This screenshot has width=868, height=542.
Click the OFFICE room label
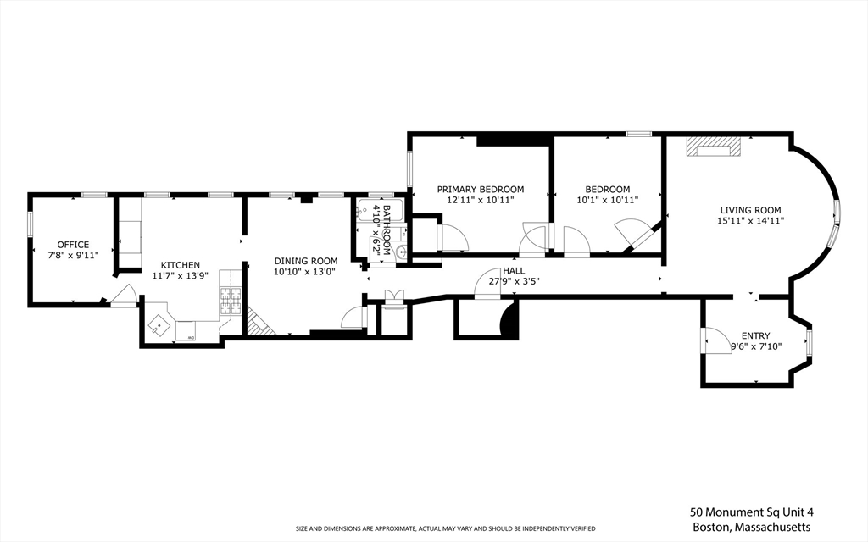tap(73, 245)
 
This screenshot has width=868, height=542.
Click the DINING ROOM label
tap(305, 261)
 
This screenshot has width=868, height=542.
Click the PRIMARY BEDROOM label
tap(480, 189)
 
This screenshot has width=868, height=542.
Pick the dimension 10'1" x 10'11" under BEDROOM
tap(607, 200)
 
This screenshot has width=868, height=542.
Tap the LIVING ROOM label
tap(750, 210)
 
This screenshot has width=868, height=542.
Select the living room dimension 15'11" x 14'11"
tap(750, 221)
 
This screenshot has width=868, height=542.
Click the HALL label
tap(513, 271)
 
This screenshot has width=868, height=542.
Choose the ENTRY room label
tap(755, 335)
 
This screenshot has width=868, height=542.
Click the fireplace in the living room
tap(713, 148)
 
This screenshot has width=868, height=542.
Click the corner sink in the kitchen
tap(159, 324)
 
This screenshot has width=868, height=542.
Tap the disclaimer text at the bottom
tap(445, 528)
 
